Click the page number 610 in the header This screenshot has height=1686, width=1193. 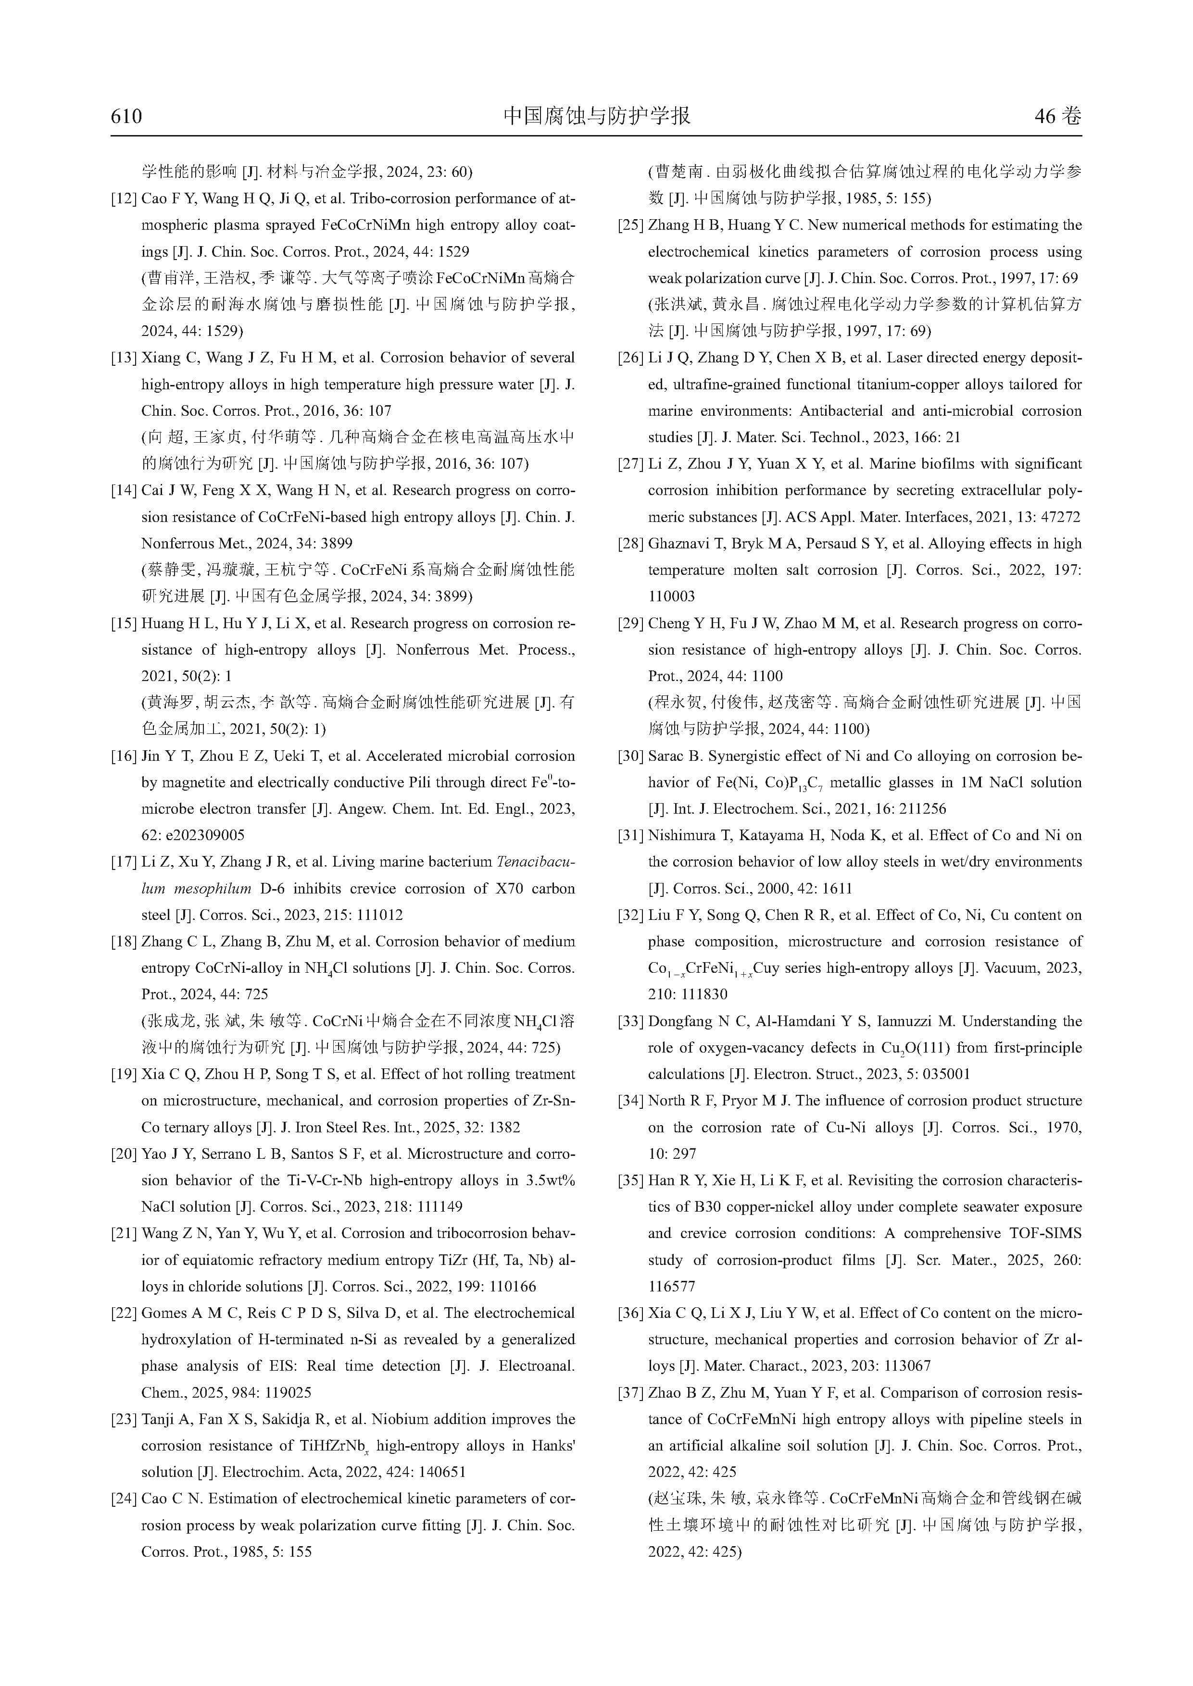pos(126,116)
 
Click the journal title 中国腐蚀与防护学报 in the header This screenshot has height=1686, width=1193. pos(596,115)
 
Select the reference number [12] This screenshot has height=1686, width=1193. pos(124,199)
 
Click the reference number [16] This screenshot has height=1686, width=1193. pos(124,756)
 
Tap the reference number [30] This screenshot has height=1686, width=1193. pos(630,756)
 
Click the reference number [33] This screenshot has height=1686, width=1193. pos(630,1021)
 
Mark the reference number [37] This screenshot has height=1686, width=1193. pos(630,1393)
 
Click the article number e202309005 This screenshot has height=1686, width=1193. pos(193,836)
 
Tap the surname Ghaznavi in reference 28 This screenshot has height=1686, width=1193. pos(679,544)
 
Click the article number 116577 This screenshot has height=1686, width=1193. pos(671,1287)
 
